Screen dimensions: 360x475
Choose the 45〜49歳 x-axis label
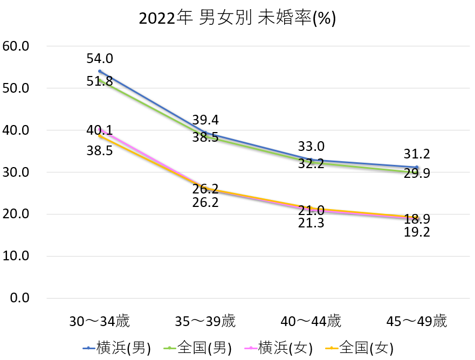pyautogui.click(x=417, y=322)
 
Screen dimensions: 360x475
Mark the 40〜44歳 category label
pyautogui.click(x=311, y=322)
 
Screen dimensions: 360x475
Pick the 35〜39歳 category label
pyautogui.click(x=205, y=322)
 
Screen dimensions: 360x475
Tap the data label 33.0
pyautogui.click(x=311, y=146)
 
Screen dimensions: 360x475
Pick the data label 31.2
pyautogui.click(x=417, y=154)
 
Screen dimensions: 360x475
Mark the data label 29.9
pyautogui.click(x=417, y=173)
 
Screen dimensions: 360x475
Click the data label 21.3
pyautogui.click(x=311, y=223)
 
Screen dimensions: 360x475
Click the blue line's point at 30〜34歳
pyautogui.click(x=100, y=71)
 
